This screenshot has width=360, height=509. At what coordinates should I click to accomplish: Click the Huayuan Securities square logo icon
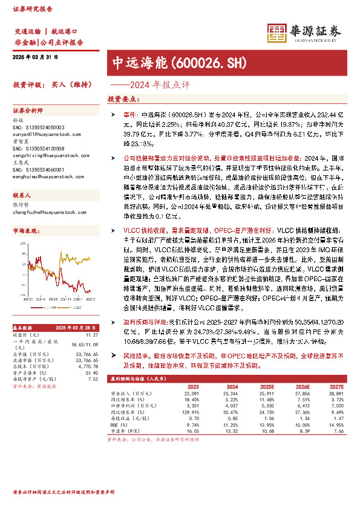(x=277, y=31)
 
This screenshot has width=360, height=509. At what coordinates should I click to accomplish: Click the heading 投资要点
(x=120, y=98)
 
